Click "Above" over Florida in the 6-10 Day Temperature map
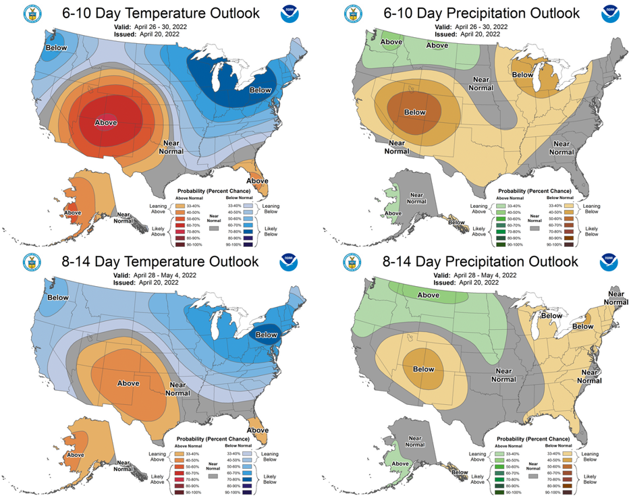(x=257, y=180)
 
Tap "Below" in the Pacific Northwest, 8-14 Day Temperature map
(x=58, y=298)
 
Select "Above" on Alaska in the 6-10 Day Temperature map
(x=72, y=213)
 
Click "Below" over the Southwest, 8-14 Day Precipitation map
(x=423, y=369)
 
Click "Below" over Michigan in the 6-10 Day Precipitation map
(x=522, y=74)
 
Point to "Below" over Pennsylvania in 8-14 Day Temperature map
(x=266, y=335)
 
